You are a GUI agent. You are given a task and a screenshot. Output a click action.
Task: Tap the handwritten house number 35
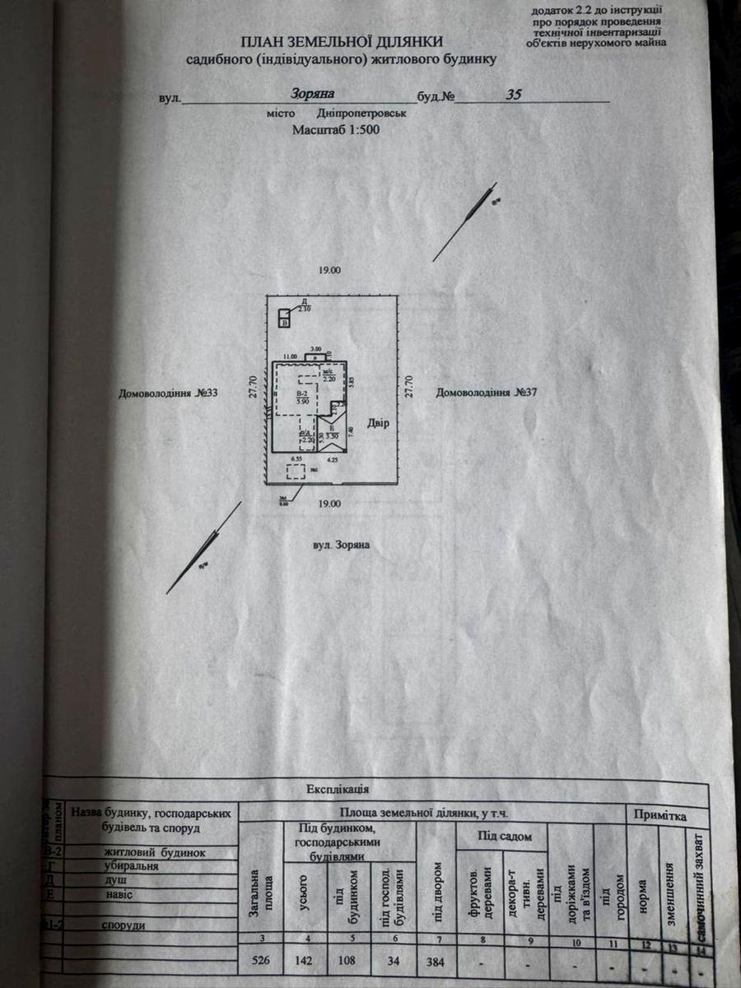pos(514,95)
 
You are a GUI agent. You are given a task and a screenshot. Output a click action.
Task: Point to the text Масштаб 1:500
pos(336,130)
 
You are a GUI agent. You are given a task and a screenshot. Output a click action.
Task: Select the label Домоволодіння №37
pos(487,393)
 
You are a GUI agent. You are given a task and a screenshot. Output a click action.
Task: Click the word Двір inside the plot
pos(379,423)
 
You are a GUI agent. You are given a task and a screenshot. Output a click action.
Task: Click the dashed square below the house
pos(295,473)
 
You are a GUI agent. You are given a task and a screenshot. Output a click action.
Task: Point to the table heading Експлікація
pos(338,789)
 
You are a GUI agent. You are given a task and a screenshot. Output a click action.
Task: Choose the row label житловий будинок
pos(153,853)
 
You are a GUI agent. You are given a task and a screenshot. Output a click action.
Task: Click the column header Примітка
pos(659,815)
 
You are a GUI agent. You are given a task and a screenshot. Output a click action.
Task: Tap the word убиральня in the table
pos(131,866)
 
